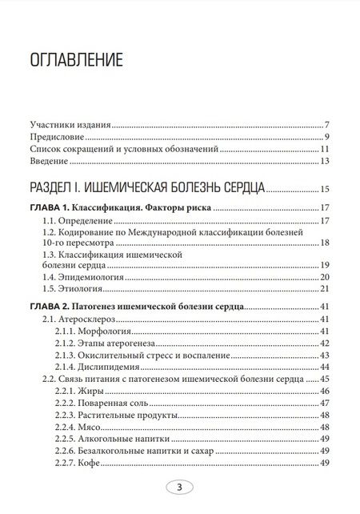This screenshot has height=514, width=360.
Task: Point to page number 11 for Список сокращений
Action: pos(326,149)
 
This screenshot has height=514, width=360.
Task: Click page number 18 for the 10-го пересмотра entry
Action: pos(326,243)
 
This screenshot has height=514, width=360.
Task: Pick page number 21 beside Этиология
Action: pos(326,288)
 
